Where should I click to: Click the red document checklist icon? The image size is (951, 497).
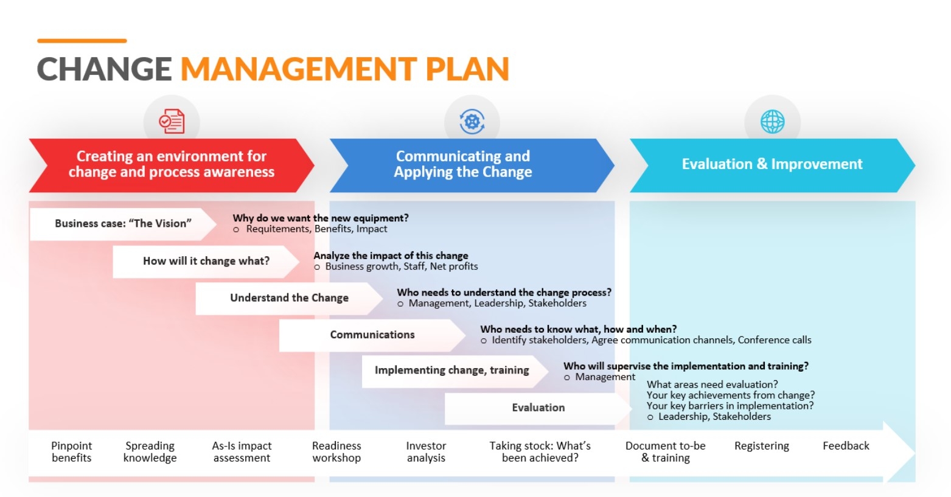click(172, 122)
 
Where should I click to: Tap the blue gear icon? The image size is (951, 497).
click(472, 122)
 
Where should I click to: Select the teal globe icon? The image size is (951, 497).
click(772, 122)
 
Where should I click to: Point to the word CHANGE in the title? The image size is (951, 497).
click(104, 69)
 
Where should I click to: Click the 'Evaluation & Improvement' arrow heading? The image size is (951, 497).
click(772, 164)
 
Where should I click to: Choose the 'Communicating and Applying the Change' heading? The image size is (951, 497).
click(462, 164)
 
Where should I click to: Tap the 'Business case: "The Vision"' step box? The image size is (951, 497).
click(123, 223)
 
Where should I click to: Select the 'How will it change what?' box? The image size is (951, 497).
click(206, 261)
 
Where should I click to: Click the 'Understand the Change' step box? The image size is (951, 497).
click(289, 297)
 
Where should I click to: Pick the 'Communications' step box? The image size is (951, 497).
click(372, 335)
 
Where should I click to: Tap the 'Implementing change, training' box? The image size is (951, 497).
click(451, 370)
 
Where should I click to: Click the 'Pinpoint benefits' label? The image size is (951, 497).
click(71, 452)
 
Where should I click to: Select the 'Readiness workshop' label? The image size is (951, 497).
click(336, 452)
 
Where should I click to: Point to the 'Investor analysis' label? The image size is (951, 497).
click(426, 452)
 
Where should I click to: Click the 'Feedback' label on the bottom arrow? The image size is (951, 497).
click(846, 446)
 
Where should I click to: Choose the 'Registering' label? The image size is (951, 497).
click(761, 446)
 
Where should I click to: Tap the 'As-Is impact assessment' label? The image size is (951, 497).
click(242, 452)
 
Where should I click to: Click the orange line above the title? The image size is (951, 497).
click(82, 41)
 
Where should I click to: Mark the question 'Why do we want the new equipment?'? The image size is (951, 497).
click(321, 218)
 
